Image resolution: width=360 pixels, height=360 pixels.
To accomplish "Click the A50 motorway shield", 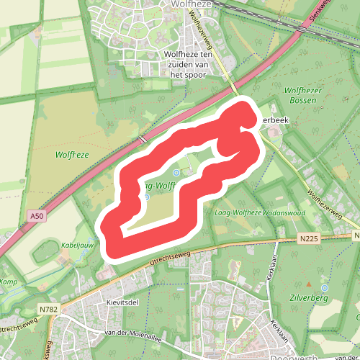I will tap(37, 215).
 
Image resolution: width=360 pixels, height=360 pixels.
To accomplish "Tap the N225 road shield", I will tap(310, 238).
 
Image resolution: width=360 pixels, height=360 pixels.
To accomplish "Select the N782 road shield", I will tap(49, 310).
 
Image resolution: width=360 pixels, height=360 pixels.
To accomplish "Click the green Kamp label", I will tap(7, 282).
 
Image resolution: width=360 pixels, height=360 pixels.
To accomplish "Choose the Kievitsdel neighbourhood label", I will tap(121, 303).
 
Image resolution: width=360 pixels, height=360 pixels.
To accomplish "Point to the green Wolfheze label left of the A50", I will tap(71, 154).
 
